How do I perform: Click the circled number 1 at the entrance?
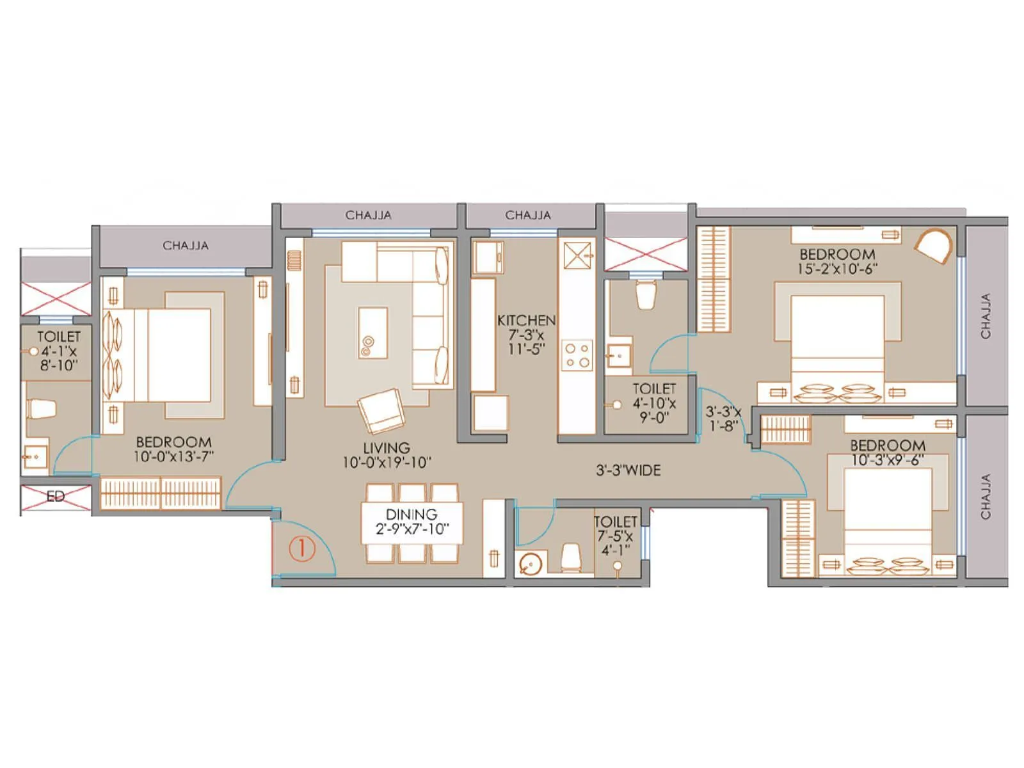click(x=302, y=549)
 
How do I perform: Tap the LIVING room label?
click(x=387, y=448)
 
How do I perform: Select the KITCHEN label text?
click(x=526, y=320)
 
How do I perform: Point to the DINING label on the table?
click(x=412, y=515)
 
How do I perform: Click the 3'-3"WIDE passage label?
click(x=628, y=471)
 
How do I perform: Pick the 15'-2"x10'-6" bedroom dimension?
click(x=837, y=269)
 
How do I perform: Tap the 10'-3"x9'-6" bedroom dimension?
click(x=888, y=460)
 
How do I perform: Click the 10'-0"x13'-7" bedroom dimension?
click(x=174, y=456)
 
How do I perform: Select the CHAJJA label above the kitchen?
click(x=528, y=215)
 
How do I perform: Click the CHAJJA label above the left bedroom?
click(x=186, y=245)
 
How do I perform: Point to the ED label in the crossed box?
click(x=56, y=497)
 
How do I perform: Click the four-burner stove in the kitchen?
click(x=577, y=356)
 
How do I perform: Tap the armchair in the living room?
click(x=381, y=411)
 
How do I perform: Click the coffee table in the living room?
click(x=372, y=333)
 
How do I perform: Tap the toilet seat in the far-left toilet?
click(x=40, y=409)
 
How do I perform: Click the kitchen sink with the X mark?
click(x=578, y=255)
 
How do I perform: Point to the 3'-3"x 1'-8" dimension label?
click(x=723, y=419)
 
